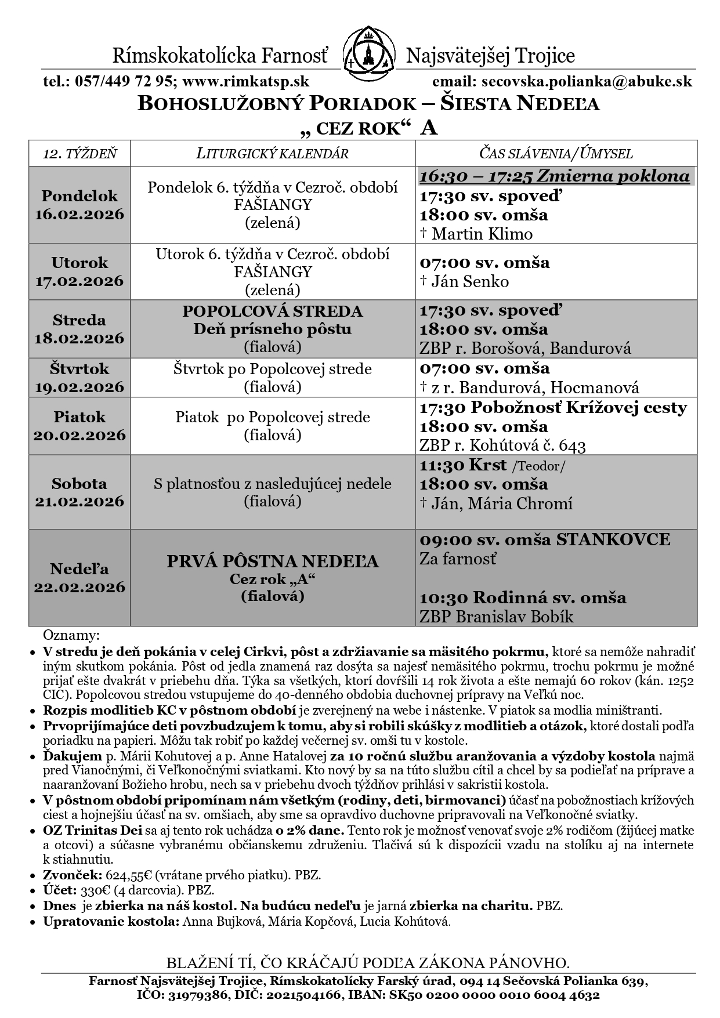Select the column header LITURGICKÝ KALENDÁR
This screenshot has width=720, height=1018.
272,154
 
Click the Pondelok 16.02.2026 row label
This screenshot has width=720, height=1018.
79,205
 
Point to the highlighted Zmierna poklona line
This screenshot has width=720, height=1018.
555,176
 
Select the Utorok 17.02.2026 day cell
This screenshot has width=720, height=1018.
79,271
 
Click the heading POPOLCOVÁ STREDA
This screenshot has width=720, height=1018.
272,311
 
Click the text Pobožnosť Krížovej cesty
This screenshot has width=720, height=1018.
578,408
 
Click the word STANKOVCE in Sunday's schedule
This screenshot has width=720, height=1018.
613,539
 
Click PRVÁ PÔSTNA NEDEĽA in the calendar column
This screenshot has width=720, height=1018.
272,561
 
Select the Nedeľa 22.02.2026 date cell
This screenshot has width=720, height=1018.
79,578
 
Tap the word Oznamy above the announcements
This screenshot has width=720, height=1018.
71,634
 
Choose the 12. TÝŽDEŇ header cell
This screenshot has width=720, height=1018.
79,154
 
